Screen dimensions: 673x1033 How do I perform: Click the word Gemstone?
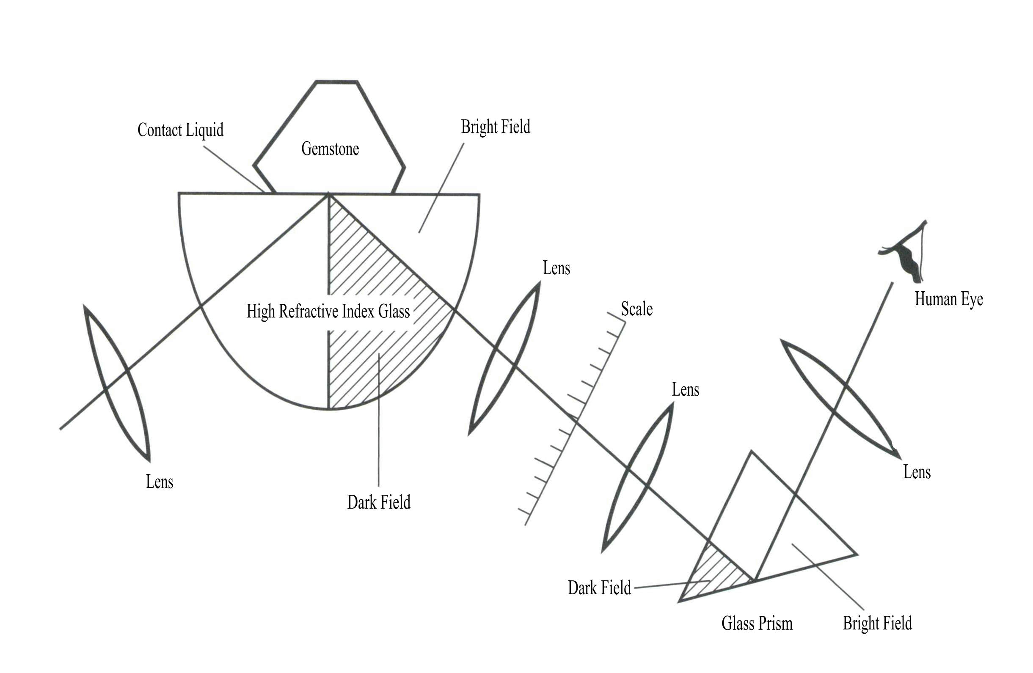[x=330, y=149]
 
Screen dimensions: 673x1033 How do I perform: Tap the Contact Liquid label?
[x=180, y=130]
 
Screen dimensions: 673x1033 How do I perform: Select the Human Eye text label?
[x=949, y=299]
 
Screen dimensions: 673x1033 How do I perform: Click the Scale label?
[x=636, y=309]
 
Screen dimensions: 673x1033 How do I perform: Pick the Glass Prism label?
[x=757, y=623]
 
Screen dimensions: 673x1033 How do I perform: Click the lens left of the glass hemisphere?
[x=116, y=382]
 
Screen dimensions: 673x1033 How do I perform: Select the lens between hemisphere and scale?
[x=504, y=358]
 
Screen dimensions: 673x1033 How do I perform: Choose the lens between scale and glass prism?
[x=637, y=477]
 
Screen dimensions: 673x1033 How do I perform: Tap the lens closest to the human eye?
[x=840, y=397]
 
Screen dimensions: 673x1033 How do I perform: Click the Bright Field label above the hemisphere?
[x=495, y=127]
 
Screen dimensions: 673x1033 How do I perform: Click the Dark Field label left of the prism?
[x=599, y=588]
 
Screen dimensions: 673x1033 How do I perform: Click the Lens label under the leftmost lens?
[x=159, y=482]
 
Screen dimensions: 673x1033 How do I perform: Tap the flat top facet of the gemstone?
[x=336, y=81]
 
